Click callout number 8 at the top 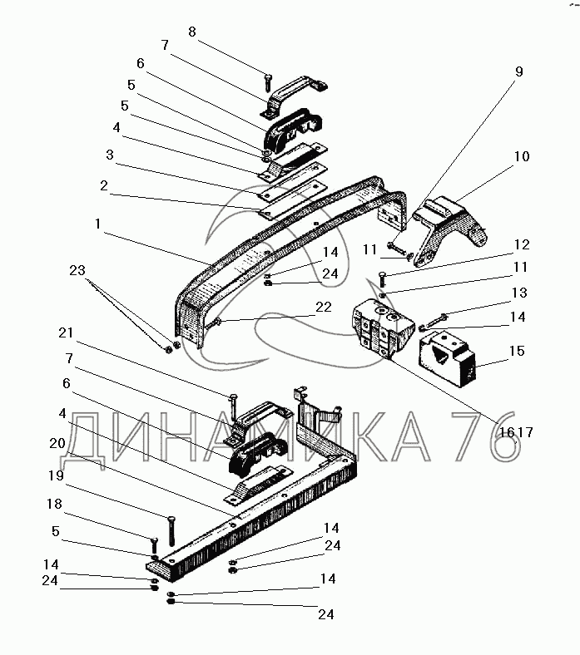coord(192,32)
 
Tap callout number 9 coord(519,72)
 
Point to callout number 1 coord(98,224)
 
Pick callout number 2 coord(103,185)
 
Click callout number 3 coord(109,155)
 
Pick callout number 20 coord(57,442)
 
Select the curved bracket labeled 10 coord(449,229)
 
